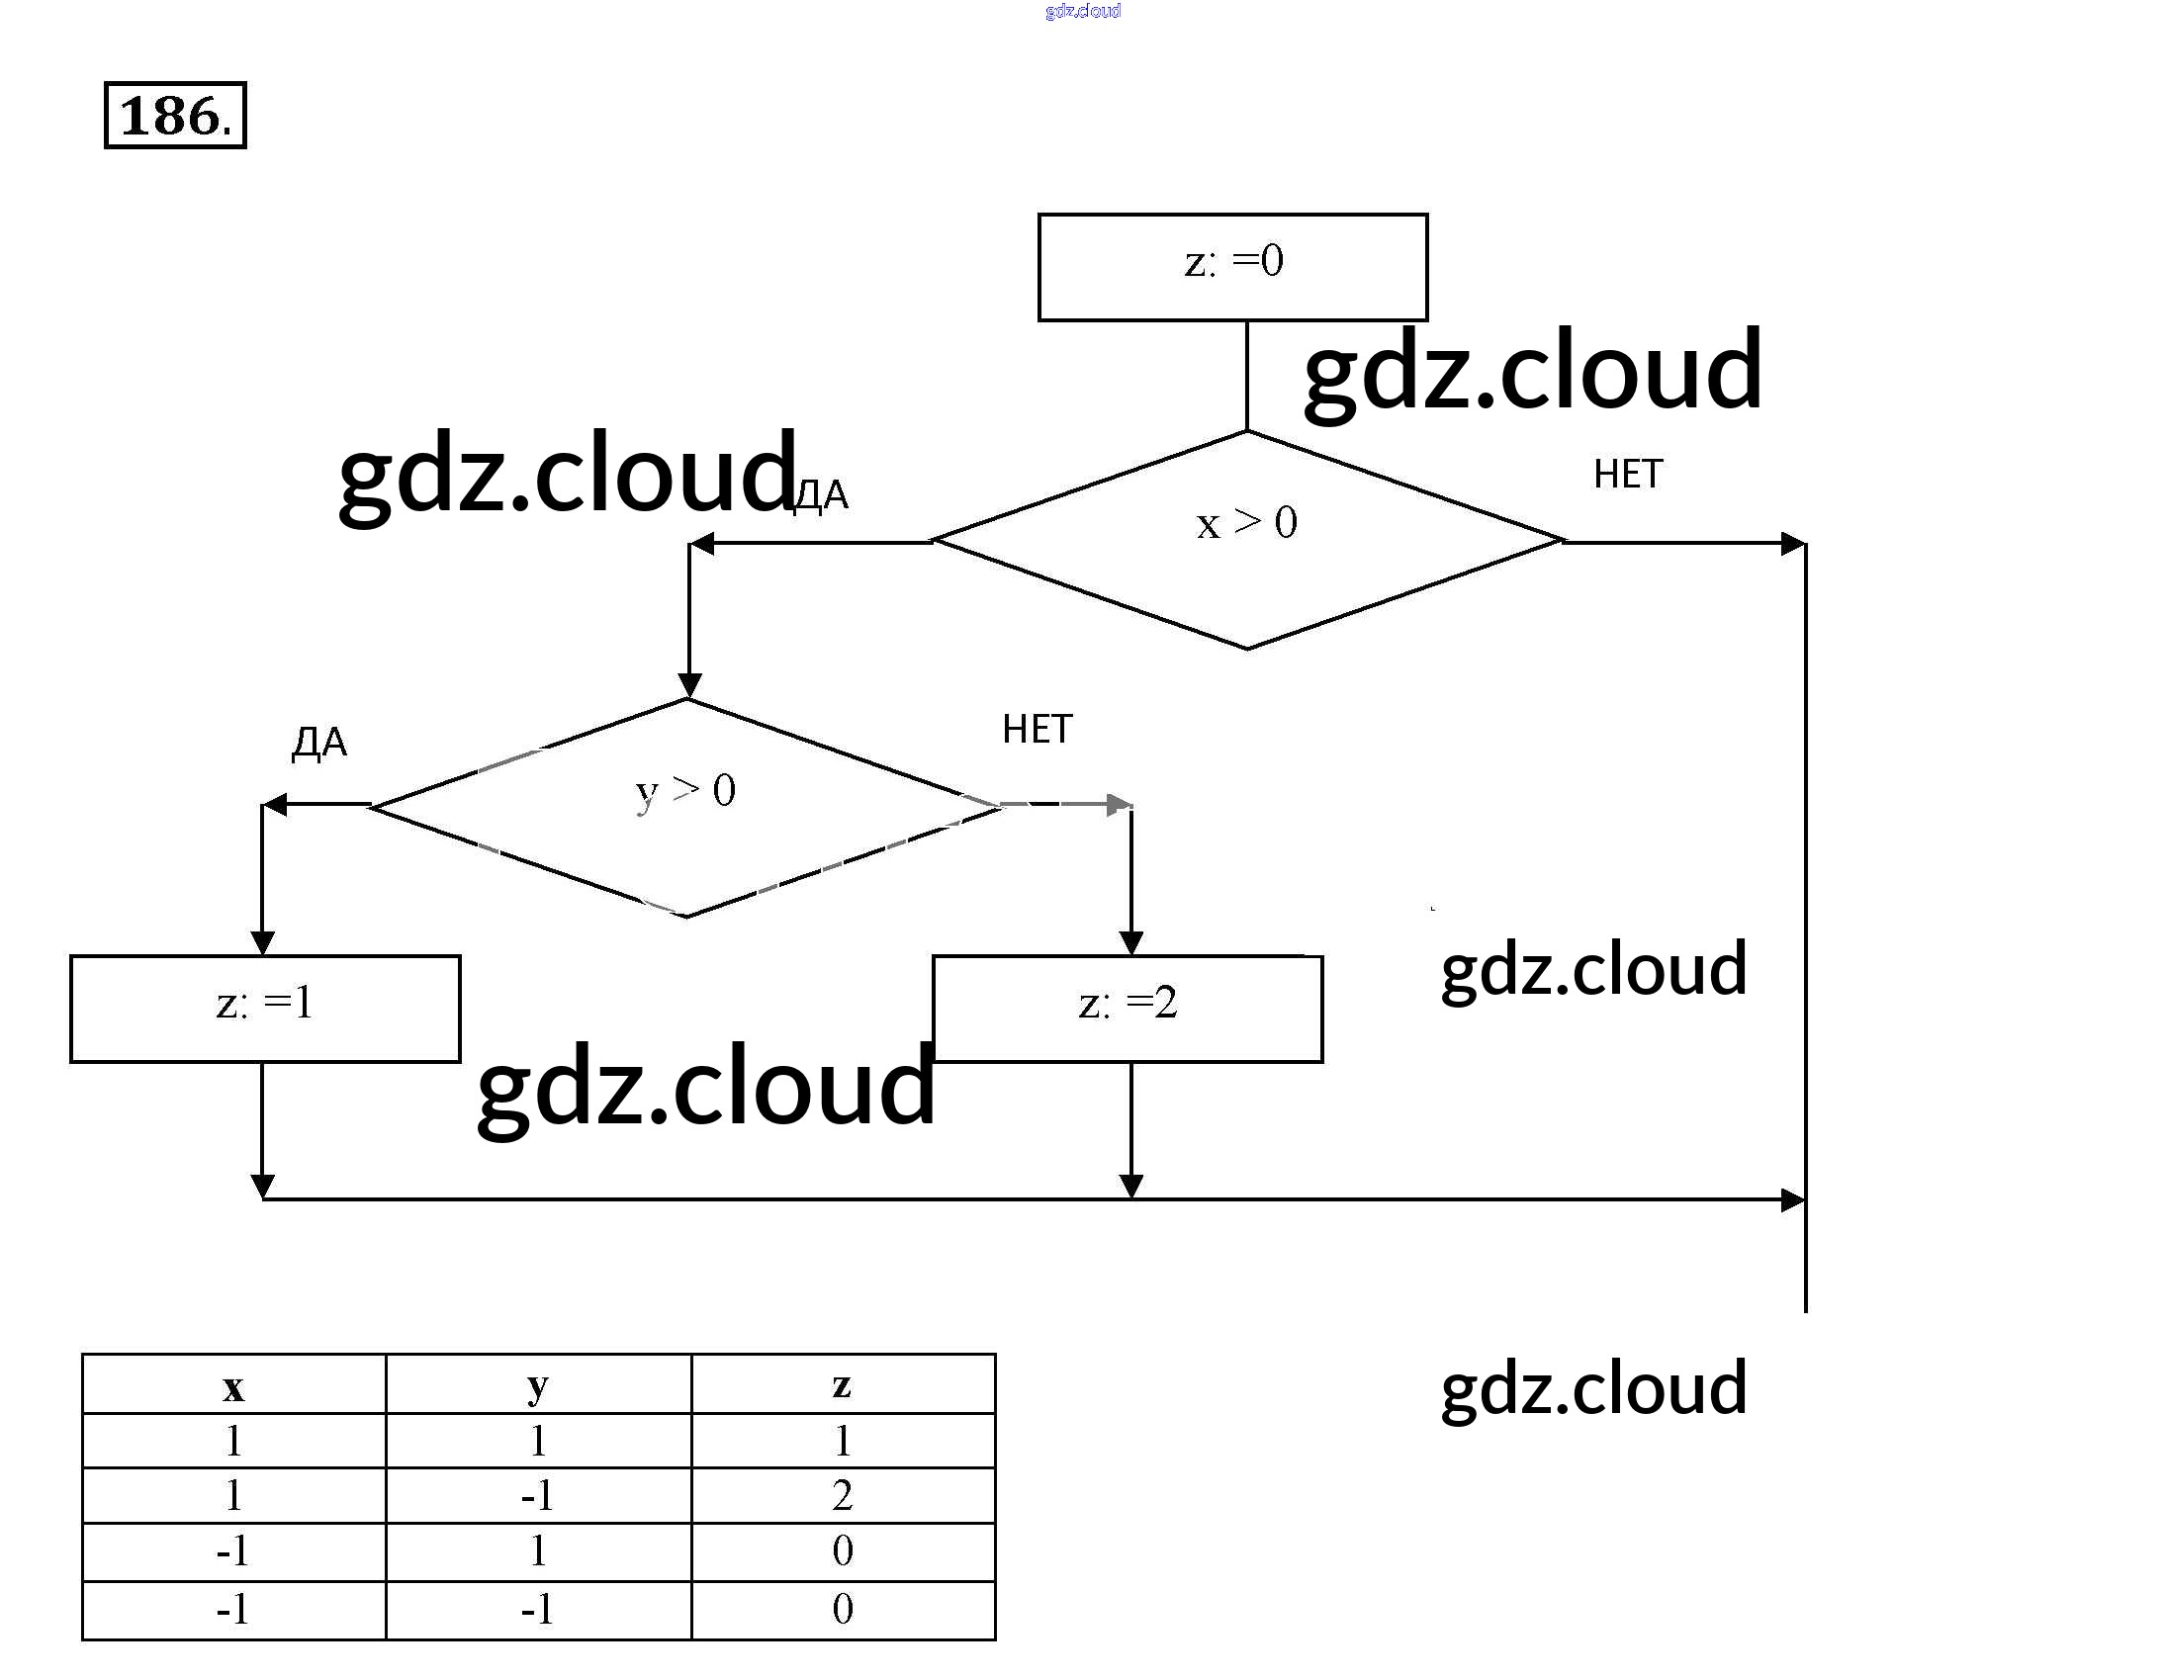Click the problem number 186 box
tap(174, 116)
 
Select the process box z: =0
tap(1231, 267)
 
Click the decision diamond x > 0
tap(1246, 541)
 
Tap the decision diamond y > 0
tap(686, 807)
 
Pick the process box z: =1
tap(265, 1008)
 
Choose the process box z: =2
tap(1128, 1008)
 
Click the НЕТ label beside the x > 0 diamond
tap(1628, 475)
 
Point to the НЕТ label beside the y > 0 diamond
tap(1037, 730)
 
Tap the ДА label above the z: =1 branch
tap(319, 742)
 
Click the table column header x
tap(233, 1385)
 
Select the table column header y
tap(537, 1385)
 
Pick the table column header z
tap(842, 1385)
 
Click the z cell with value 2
tap(842, 1495)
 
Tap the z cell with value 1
tap(842, 1441)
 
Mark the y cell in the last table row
tap(537, 1609)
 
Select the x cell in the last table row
tap(233, 1609)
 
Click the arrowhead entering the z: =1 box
tap(263, 942)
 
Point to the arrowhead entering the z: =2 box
tap(1130, 942)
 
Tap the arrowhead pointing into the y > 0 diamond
tap(689, 685)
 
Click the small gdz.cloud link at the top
tap(1082, 11)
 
